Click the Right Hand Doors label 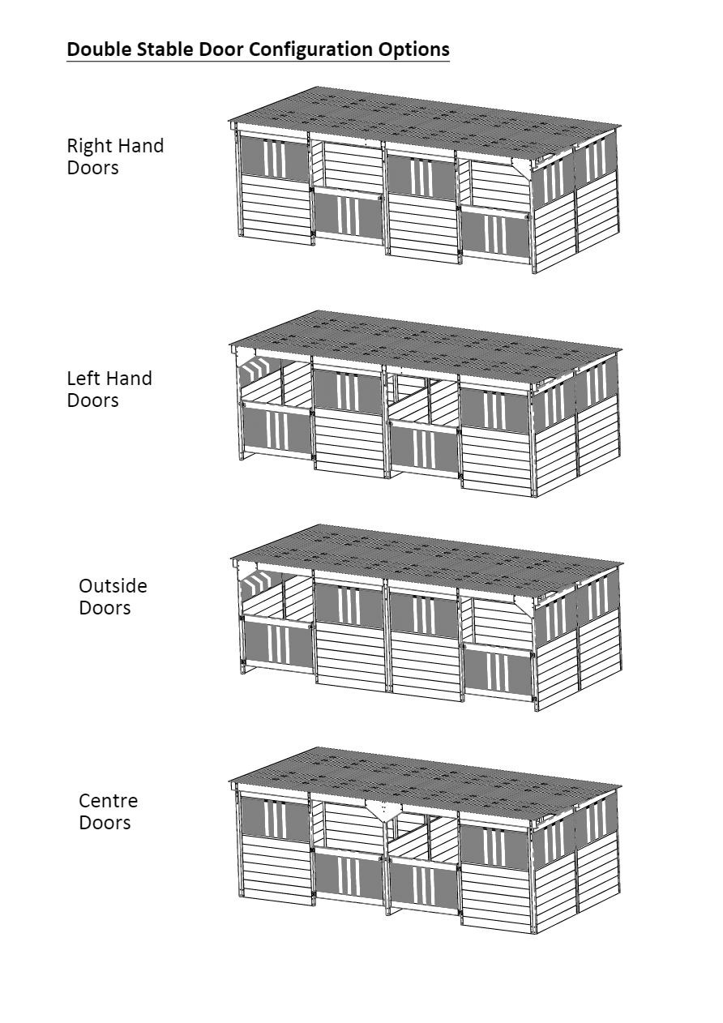(115, 156)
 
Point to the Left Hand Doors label (109, 389)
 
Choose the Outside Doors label (113, 597)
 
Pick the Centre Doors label (109, 811)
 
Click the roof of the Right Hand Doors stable (425, 123)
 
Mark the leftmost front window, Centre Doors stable (275, 818)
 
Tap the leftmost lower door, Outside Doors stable (279, 641)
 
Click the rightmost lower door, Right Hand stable (496, 233)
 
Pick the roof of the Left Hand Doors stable (425, 348)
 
